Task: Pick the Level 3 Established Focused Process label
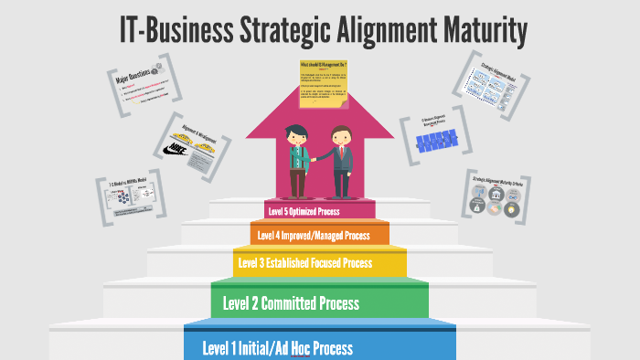point(305,264)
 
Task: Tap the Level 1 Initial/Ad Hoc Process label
point(277,348)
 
